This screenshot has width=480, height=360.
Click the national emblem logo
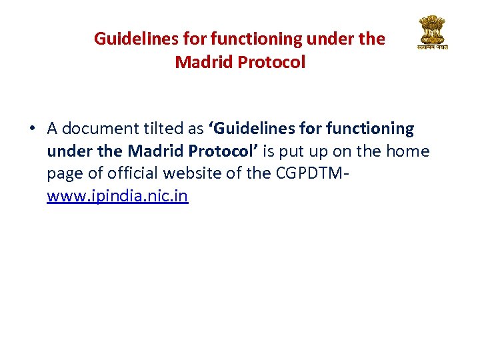pos(433,33)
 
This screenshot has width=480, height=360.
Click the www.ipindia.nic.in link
pos(117,197)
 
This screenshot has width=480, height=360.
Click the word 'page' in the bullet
pos(62,174)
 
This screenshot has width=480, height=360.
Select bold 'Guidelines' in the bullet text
pos(249,128)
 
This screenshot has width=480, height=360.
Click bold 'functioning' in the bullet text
pos(370,128)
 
